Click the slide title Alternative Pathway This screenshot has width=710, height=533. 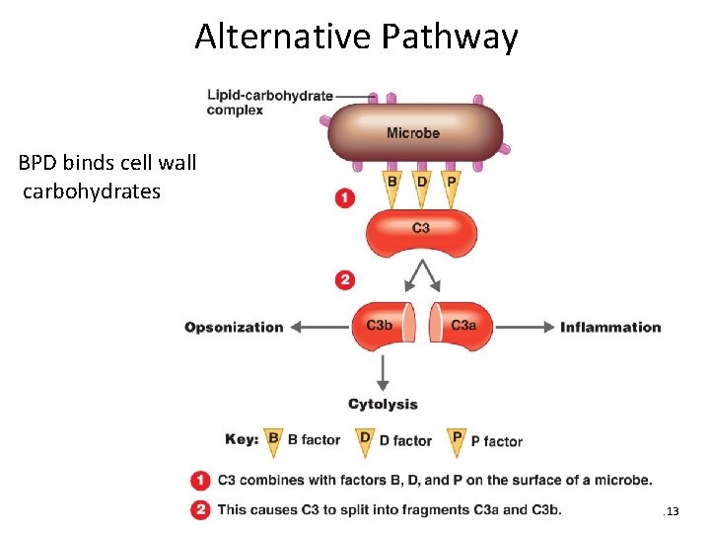tap(355, 37)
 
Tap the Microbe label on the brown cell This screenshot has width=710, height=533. tap(413, 133)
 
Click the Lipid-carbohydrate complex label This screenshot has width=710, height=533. tap(269, 103)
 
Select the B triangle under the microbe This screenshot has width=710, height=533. tap(392, 188)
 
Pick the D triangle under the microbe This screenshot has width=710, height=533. tap(422, 188)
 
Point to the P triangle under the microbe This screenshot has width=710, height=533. tap(452, 188)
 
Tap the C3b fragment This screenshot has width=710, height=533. tap(380, 327)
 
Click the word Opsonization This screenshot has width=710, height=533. tap(234, 328)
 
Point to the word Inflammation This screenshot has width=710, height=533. tap(610, 328)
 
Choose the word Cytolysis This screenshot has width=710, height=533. tap(383, 404)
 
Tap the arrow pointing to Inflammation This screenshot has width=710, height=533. tap(524, 328)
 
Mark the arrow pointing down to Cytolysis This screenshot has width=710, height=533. tap(383, 372)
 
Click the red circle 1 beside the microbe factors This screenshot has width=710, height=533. tap(345, 198)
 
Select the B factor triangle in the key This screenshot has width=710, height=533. tap(274, 440)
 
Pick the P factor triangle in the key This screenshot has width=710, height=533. tap(457, 440)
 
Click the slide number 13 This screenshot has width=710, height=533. tap(673, 511)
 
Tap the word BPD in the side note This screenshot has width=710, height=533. tap(38, 162)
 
